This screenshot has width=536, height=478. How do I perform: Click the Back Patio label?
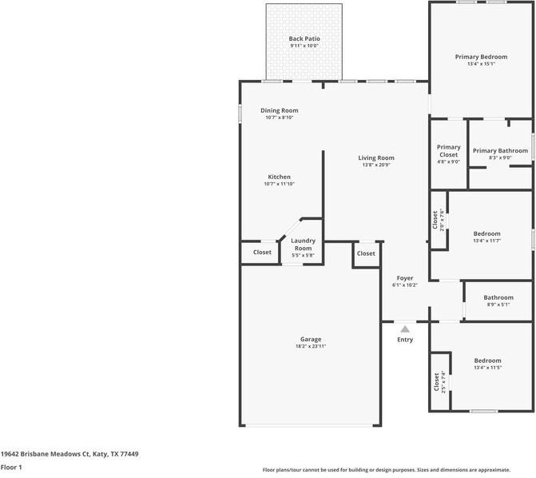coord(304,38)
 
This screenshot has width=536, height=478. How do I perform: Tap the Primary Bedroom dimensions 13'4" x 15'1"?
coord(482,64)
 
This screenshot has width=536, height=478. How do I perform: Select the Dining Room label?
coord(280,110)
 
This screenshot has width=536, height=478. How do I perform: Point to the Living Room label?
coord(376,157)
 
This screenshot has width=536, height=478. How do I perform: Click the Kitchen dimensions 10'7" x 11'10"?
coord(279,184)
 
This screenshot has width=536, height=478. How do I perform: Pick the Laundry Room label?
coord(303,245)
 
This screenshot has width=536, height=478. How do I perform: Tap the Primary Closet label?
coord(448,151)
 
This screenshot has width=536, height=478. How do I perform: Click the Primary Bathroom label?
coord(500,150)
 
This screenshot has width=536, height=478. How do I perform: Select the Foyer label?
coord(405,278)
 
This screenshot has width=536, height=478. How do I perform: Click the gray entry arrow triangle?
coord(405,329)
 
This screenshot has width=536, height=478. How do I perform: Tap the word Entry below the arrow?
coord(405,340)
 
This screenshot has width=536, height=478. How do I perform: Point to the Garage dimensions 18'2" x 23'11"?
coord(311,346)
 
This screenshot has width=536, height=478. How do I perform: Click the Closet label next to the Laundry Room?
coord(262,252)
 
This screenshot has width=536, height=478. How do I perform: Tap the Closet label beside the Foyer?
coord(366,253)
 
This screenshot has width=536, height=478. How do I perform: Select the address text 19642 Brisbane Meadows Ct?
coord(45,454)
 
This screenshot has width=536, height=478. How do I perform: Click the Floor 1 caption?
coord(11,467)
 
